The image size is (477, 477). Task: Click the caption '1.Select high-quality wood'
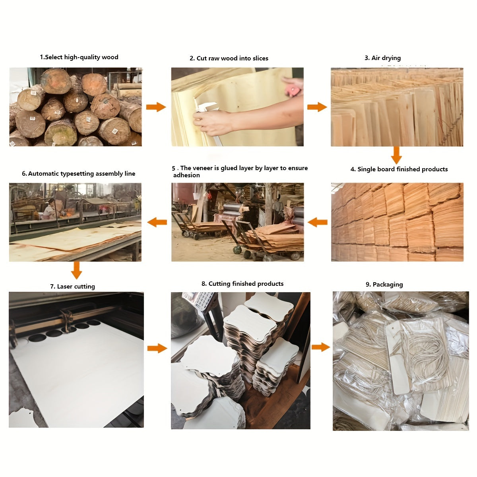(79, 57)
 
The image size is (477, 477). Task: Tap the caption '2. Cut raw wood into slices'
(229, 58)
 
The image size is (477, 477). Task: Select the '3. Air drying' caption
(383, 58)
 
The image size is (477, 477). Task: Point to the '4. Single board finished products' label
(399, 169)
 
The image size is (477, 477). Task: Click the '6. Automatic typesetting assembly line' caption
(78, 174)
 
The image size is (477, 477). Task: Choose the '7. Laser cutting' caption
(72, 286)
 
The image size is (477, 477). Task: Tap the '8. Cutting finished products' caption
(242, 284)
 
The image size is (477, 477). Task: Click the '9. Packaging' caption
(384, 285)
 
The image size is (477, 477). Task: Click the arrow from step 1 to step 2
(156, 107)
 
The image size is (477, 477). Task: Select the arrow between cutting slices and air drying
(317, 107)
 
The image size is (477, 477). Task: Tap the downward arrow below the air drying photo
(396, 155)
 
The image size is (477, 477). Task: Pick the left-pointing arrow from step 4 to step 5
(318, 222)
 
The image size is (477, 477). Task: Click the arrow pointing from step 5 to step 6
(157, 222)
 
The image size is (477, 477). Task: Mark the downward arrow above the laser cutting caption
(76, 270)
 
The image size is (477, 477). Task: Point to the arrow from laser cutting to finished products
(157, 348)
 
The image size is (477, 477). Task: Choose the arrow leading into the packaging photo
(321, 347)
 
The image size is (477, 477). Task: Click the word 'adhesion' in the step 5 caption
(186, 175)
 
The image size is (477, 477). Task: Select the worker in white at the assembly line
(50, 210)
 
